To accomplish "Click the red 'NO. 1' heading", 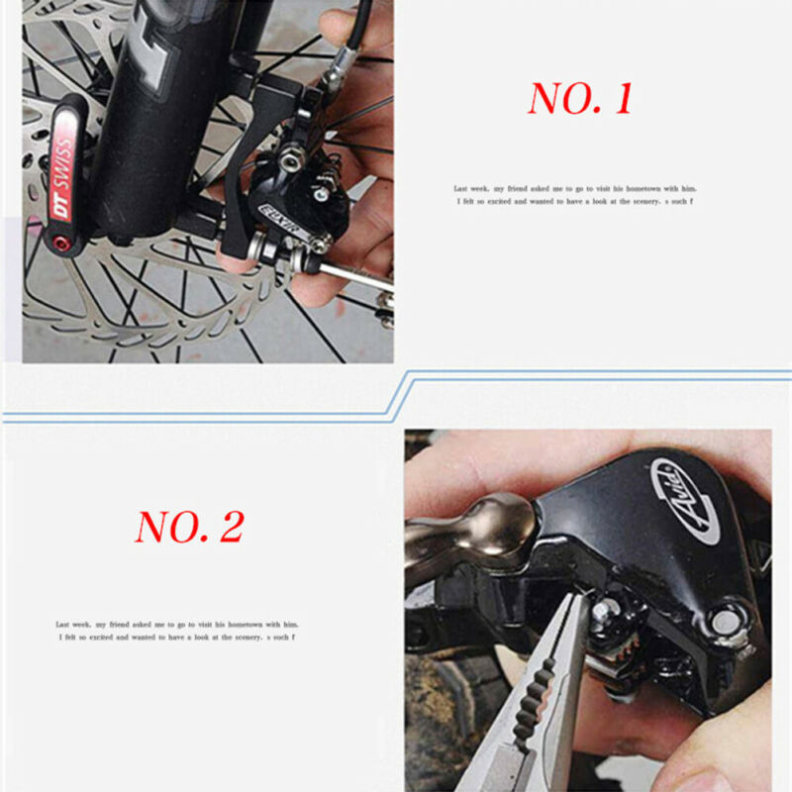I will pyautogui.click(x=579, y=99).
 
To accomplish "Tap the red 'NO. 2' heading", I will pyautogui.click(x=189, y=527).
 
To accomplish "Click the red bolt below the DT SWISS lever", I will pyautogui.click(x=61, y=243).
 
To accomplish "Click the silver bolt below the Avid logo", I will pyautogui.click(x=726, y=622).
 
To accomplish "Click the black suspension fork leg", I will pyautogui.click(x=158, y=119).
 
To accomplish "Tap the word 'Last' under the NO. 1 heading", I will pyautogui.click(x=461, y=188).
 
